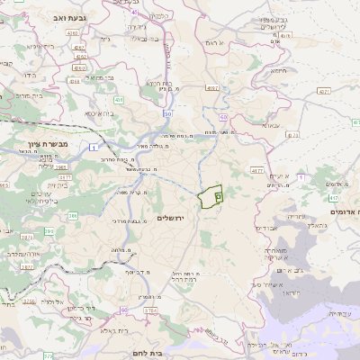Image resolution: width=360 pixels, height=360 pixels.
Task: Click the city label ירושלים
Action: click(x=175, y=219)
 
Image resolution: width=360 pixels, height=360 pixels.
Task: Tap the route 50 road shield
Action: click(x=167, y=114)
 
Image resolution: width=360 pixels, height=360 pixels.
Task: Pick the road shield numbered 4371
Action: click(x=324, y=91)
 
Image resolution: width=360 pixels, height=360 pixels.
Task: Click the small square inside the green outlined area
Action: click(x=218, y=195)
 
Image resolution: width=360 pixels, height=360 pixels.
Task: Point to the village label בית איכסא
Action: click(x=98, y=114)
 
